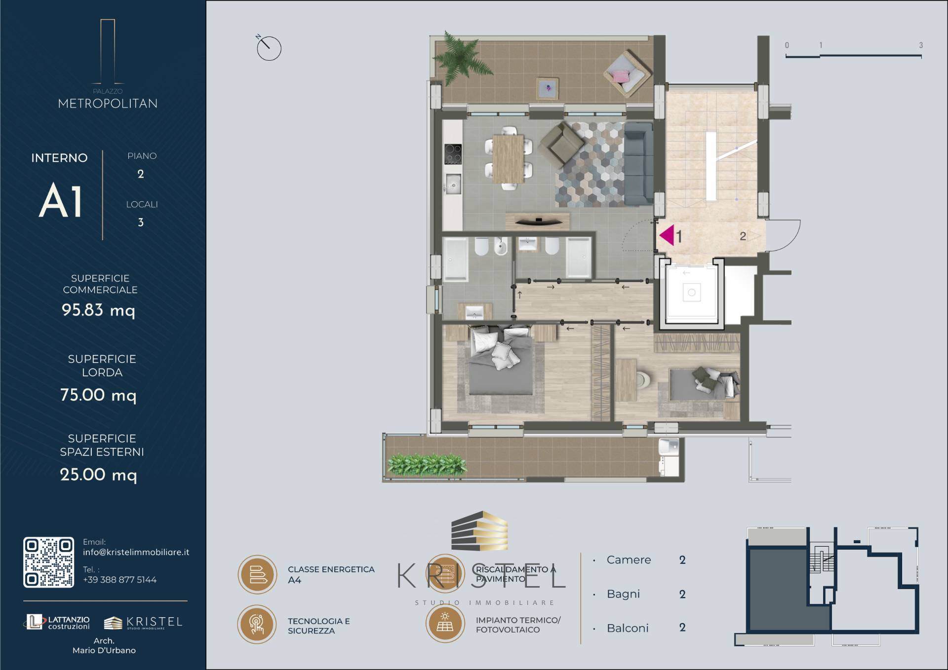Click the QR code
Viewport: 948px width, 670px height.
point(49,562)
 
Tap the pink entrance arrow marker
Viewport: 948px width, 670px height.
point(667,235)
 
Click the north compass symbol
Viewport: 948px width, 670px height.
point(268,47)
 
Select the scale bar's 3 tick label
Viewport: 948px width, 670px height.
point(921,45)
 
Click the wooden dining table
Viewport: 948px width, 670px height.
point(509,159)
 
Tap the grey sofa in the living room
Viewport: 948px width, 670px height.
point(638,164)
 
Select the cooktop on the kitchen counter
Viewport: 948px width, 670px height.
point(453,153)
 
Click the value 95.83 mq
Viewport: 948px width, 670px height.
point(98,310)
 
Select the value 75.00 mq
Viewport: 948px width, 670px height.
point(98,395)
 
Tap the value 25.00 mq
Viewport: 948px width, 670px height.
point(98,475)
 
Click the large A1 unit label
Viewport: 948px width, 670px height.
point(60,201)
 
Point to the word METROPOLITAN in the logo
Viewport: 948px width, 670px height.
point(108,104)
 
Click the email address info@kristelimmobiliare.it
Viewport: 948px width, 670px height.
point(136,552)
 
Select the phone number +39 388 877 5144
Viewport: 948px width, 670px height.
point(119,580)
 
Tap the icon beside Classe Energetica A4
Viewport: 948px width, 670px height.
point(257,574)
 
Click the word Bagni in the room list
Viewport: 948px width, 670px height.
point(623,594)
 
